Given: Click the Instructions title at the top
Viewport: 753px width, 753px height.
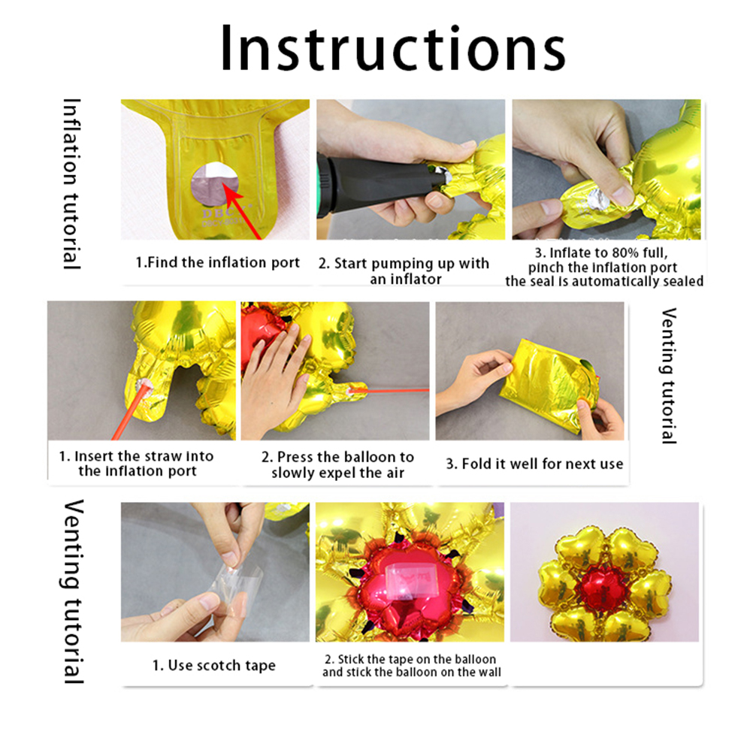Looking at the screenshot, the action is (x=393, y=48).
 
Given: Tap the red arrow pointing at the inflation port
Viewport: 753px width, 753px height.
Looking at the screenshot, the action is (x=243, y=213).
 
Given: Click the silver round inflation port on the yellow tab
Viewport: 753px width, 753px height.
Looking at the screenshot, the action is (x=215, y=184).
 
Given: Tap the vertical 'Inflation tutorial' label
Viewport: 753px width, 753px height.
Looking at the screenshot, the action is (x=72, y=184).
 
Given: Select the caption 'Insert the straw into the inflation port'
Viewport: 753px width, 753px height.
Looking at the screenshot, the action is (x=136, y=464).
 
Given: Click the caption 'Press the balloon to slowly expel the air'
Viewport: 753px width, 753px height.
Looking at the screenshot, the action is (x=337, y=464).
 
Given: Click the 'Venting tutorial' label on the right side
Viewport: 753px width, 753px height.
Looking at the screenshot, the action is (x=669, y=376).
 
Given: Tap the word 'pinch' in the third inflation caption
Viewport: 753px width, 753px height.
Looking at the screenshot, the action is (x=544, y=268).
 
